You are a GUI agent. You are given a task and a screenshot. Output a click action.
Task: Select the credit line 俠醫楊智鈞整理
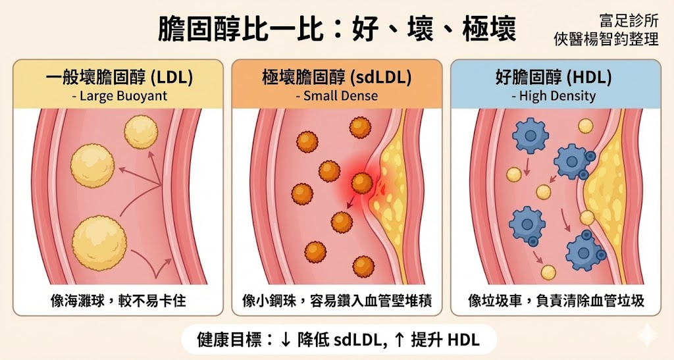(606, 39)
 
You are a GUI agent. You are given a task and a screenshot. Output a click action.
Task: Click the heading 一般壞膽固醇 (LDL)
(119, 78)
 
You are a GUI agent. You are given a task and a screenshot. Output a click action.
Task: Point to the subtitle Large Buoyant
(119, 96)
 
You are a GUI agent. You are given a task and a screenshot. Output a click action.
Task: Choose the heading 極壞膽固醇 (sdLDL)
(336, 78)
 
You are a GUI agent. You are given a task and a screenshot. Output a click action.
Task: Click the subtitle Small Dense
(336, 96)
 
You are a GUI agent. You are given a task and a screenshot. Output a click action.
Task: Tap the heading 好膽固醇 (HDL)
(554, 78)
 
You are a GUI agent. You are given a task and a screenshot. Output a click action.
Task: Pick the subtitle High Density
(554, 96)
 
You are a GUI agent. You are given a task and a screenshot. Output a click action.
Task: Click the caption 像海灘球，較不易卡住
(118, 301)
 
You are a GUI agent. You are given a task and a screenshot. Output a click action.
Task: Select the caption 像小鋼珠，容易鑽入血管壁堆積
(336, 301)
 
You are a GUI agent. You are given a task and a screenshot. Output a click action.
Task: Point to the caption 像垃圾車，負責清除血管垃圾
(554, 301)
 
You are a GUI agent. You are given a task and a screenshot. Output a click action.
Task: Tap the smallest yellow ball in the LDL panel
(141, 127)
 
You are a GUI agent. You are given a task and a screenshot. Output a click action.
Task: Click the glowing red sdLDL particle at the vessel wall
(362, 184)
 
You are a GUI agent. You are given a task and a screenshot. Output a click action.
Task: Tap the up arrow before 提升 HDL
(399, 340)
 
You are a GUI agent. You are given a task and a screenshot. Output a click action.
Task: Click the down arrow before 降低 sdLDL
(286, 340)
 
